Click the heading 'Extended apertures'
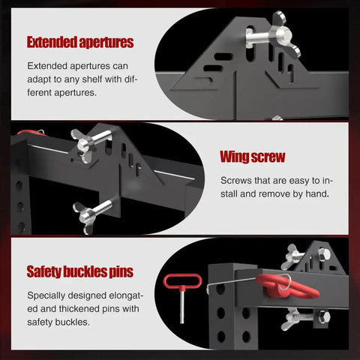click(x=80, y=42)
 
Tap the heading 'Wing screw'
click(x=253, y=157)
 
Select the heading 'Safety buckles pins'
click(x=80, y=271)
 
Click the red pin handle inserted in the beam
click(x=287, y=287)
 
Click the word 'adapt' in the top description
click(x=38, y=79)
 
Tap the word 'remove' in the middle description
click(x=277, y=193)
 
